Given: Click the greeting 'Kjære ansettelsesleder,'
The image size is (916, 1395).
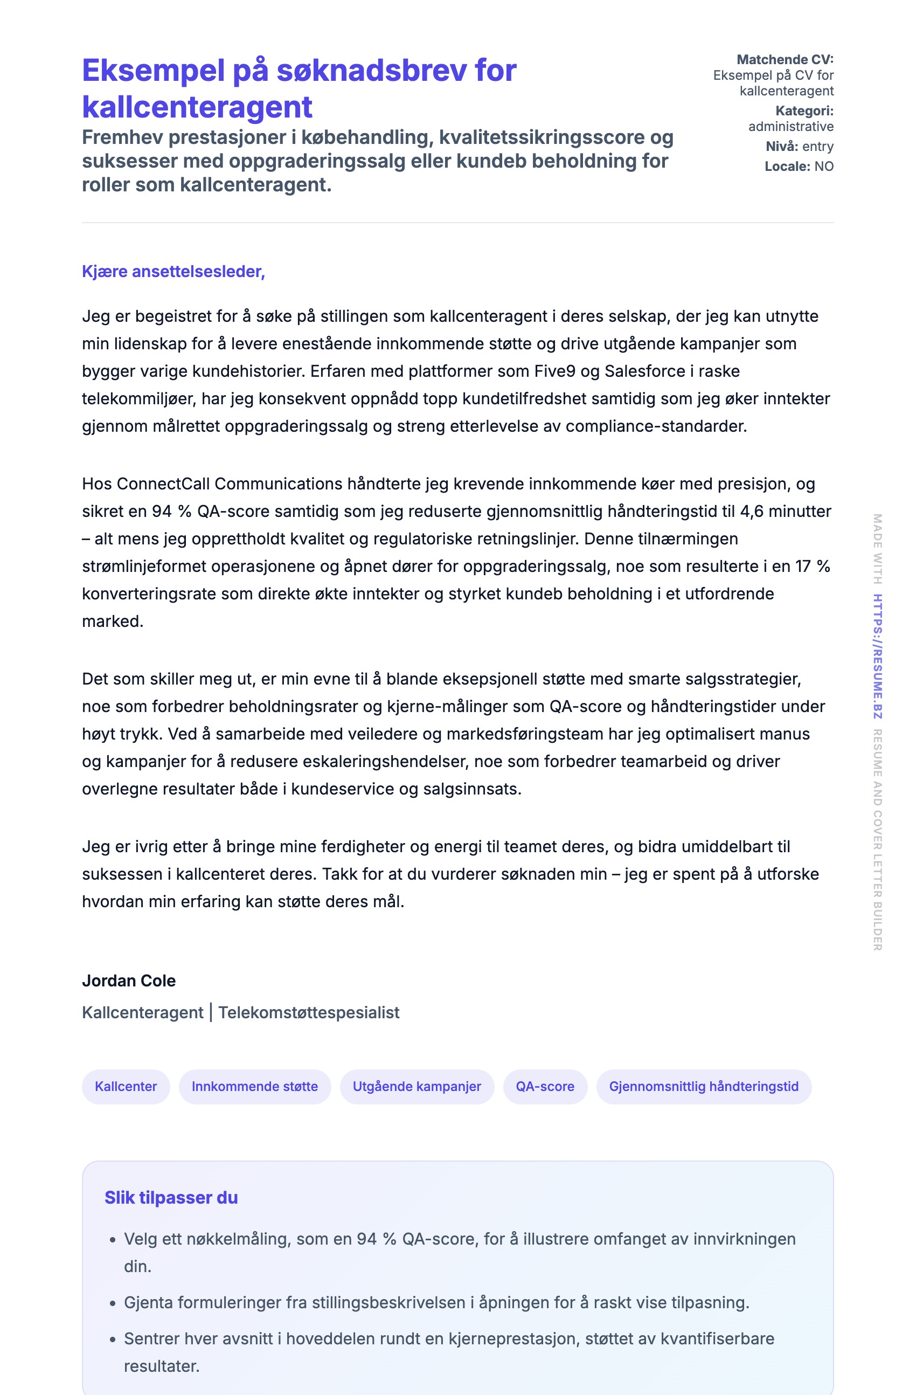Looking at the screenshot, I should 173,271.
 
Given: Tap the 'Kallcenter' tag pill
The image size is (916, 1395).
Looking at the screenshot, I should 126,1086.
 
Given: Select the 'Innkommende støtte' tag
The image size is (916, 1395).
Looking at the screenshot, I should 254,1086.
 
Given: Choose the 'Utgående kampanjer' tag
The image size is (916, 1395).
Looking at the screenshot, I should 416,1086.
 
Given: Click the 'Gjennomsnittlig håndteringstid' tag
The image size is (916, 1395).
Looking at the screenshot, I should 703,1086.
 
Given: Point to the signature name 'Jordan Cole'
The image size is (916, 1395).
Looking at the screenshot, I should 128,980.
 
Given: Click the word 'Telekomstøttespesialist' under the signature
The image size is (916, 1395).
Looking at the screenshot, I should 309,1012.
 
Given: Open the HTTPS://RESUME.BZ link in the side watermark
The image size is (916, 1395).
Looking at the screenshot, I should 877,656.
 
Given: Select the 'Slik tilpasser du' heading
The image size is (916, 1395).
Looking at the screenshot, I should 171,1198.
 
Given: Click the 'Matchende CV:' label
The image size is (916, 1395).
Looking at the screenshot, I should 785,59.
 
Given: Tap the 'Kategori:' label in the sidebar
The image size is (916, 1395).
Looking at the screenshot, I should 804,111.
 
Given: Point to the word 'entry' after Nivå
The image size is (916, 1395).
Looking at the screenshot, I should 817,147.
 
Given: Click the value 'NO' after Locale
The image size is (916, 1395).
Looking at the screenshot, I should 823,167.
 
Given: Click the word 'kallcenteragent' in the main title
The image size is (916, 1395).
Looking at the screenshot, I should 197,107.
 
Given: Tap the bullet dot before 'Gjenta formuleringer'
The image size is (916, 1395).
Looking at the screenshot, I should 113,1303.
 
